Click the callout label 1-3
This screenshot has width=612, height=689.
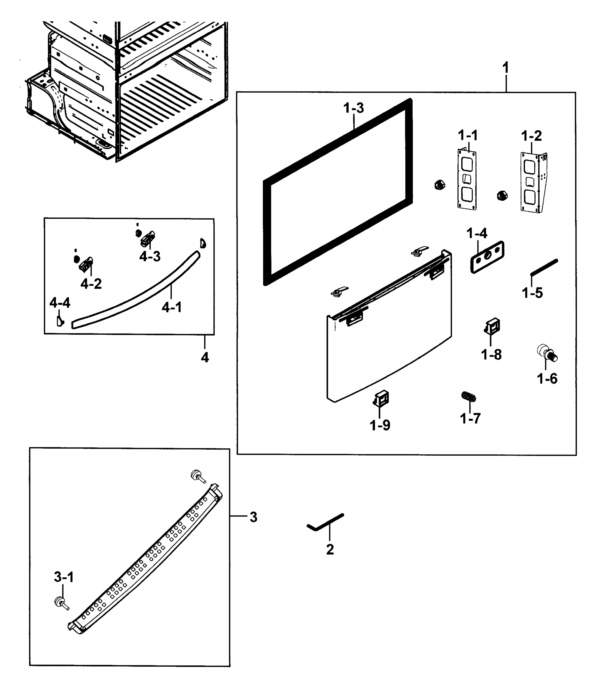[354, 108]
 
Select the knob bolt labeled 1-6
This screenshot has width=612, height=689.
[547, 354]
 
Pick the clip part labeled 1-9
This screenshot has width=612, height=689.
[381, 398]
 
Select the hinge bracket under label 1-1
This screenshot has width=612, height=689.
[467, 180]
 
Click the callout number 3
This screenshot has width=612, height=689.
[253, 517]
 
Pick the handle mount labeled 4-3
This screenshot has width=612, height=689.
[147, 238]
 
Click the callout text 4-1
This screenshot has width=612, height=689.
[172, 307]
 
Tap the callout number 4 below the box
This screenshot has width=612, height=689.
[205, 357]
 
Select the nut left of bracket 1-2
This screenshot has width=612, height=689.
[502, 195]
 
